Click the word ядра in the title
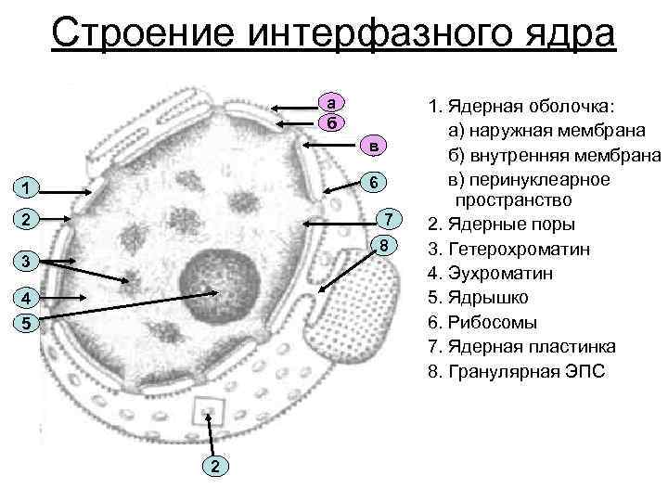point(572,34)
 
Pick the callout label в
point(371,147)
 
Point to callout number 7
point(390,219)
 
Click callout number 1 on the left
point(31,189)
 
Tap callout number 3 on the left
point(31,261)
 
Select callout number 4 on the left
point(31,299)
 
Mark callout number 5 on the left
point(31,324)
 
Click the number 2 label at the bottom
point(213,465)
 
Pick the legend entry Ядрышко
point(488,298)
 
